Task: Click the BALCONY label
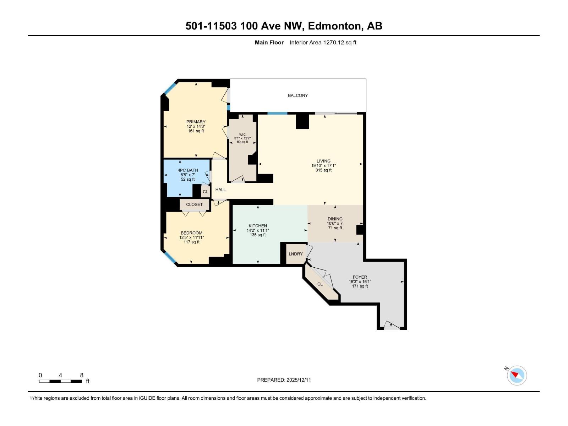click(x=297, y=95)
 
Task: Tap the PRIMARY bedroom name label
click(x=196, y=122)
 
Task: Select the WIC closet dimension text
click(x=242, y=138)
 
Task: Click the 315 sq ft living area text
click(x=323, y=170)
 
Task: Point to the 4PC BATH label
click(x=188, y=170)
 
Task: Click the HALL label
click(x=220, y=190)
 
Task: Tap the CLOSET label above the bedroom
click(x=194, y=204)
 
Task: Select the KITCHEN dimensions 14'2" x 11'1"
click(x=258, y=230)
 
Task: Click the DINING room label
click(x=335, y=219)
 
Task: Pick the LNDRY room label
click(x=296, y=254)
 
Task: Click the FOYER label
click(x=360, y=277)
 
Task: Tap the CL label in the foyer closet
click(x=320, y=284)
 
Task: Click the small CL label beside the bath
click(x=205, y=192)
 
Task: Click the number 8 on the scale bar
click(x=82, y=375)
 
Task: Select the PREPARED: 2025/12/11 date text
click(x=284, y=380)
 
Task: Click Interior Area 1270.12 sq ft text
click(x=323, y=43)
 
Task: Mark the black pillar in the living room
click(x=302, y=121)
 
